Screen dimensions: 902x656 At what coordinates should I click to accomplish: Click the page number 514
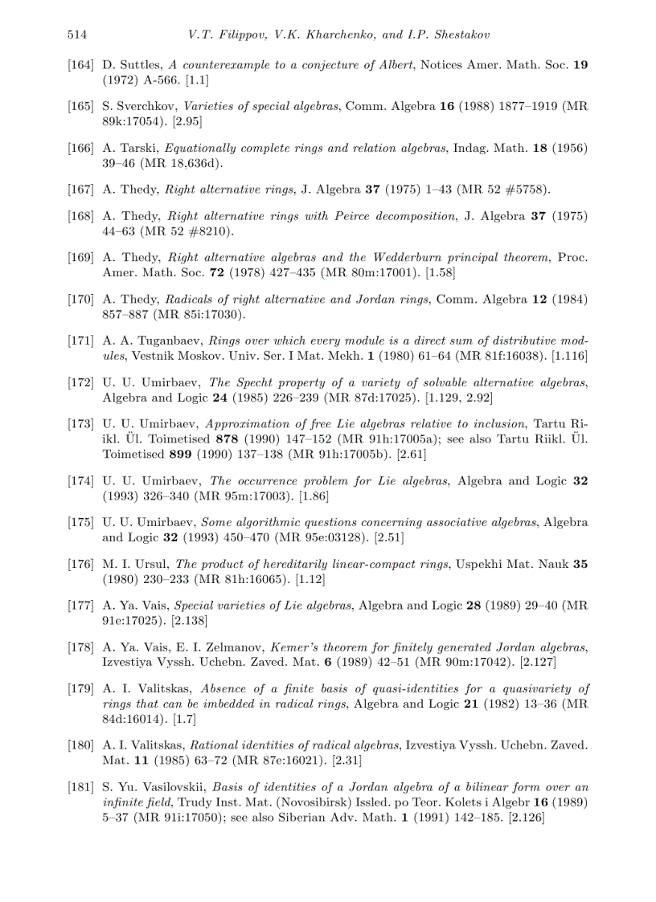click(x=77, y=35)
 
